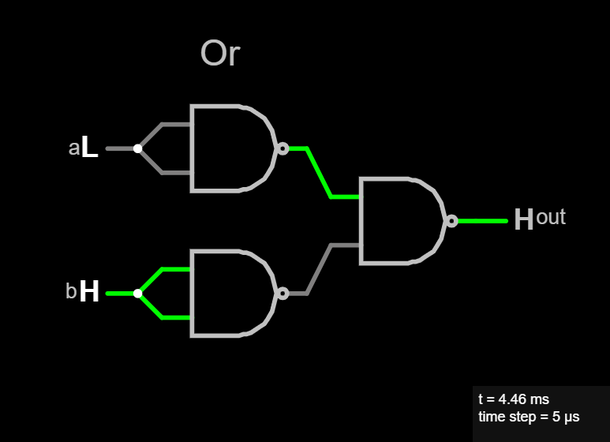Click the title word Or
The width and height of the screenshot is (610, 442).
[219, 54]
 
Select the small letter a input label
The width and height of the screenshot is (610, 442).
[73, 148]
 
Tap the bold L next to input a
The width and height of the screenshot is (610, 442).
[90, 148]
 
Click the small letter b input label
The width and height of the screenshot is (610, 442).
[71, 292]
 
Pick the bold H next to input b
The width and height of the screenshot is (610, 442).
[90, 293]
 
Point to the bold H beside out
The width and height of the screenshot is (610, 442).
[523, 220]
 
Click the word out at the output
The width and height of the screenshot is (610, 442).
[551, 217]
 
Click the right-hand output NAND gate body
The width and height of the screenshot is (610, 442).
[399, 221]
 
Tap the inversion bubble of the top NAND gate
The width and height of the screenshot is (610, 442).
[283, 148]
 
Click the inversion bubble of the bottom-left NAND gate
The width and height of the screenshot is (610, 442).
[283, 294]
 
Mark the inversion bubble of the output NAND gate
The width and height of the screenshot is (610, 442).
[451, 221]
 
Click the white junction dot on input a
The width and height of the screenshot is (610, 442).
[138, 148]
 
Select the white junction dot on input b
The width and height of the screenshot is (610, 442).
[138, 294]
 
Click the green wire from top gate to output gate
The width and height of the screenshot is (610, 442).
[320, 172]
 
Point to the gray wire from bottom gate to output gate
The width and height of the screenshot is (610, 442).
[320, 269]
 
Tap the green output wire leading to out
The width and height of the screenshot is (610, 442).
[482, 221]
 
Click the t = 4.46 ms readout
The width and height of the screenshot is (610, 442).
[514, 399]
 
